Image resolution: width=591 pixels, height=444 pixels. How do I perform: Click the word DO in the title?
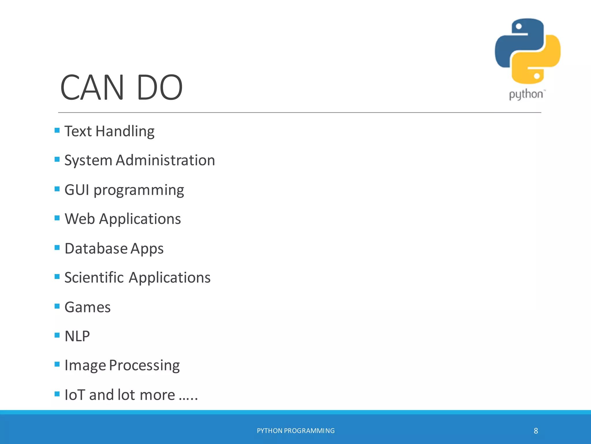click(160, 87)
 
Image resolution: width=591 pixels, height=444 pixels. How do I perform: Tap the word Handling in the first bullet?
click(125, 131)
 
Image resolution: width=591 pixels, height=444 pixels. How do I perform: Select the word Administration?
click(165, 160)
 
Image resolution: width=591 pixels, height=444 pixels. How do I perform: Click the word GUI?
click(77, 190)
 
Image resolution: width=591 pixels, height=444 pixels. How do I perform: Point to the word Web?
click(80, 219)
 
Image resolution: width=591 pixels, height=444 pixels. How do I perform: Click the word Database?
click(96, 249)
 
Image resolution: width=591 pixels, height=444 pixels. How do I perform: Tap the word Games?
click(87, 307)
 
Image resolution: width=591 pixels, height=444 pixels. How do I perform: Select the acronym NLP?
click(77, 336)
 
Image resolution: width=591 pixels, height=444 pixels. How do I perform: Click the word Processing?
click(144, 365)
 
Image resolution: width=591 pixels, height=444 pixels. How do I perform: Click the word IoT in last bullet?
click(75, 395)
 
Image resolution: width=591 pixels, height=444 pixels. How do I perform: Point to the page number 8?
click(536, 431)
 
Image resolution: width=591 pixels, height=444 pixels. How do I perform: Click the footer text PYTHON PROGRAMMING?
click(295, 431)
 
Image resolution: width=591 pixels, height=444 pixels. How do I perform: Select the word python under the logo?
click(526, 95)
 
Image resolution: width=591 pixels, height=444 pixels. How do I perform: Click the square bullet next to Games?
click(57, 306)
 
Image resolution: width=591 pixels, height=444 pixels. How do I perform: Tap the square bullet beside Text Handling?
click(57, 130)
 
